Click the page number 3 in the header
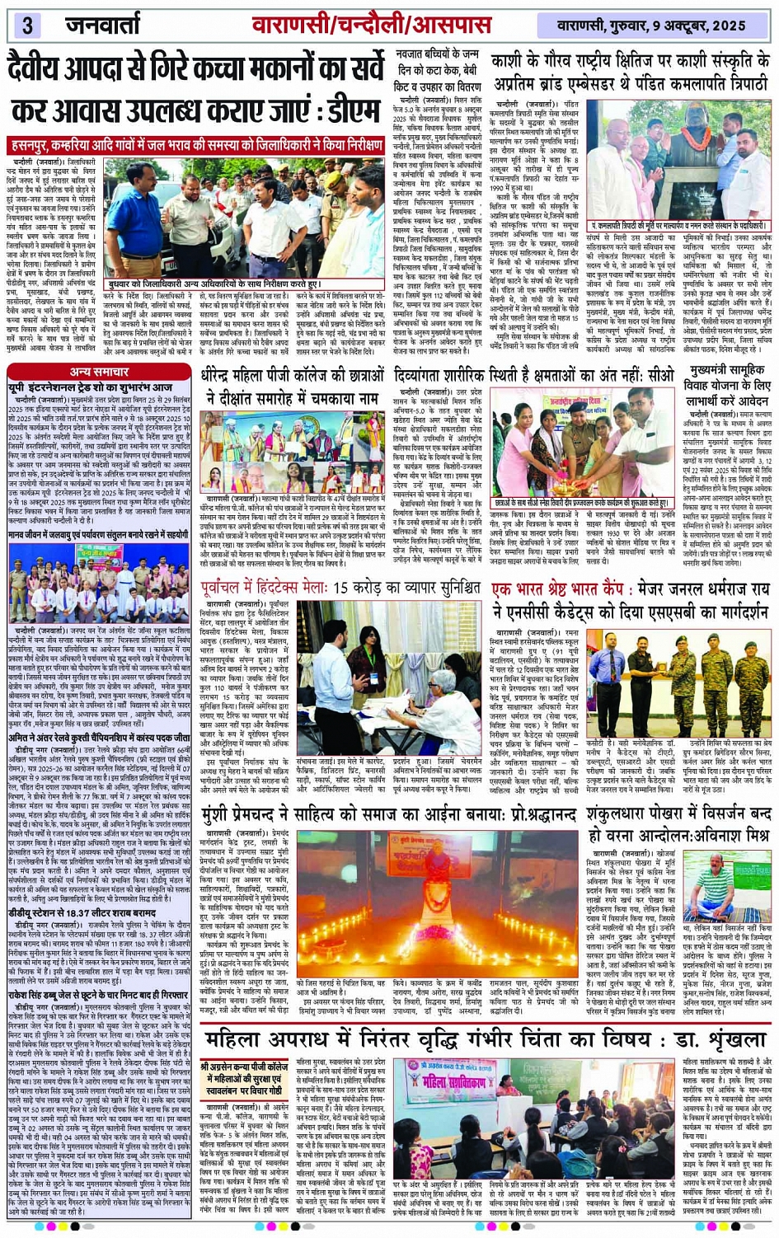point(26,25)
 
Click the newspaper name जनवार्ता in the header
point(103,25)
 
